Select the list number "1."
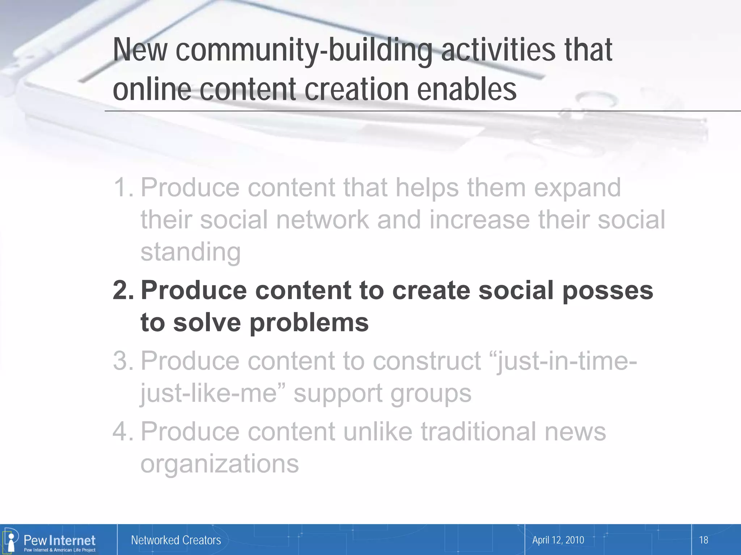point(123,188)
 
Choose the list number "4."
point(123,431)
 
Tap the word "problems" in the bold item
point(309,323)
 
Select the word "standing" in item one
point(190,252)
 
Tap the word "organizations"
point(220,464)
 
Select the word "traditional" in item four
point(478,431)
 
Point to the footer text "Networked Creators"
point(176,540)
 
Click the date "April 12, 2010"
point(558,540)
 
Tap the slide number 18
point(703,540)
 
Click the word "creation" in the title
point(356,90)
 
